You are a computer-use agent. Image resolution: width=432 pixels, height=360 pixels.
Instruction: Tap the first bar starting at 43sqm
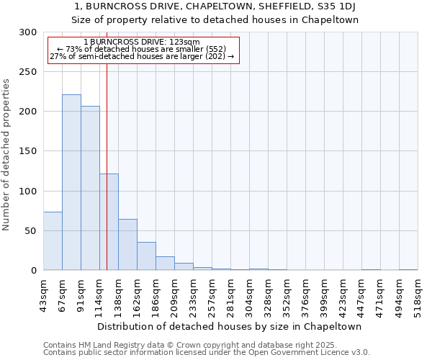(x=53, y=241)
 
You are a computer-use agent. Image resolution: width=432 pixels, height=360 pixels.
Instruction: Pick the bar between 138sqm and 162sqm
(x=127, y=245)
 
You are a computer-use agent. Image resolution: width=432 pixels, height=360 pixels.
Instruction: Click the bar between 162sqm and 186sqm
(x=146, y=256)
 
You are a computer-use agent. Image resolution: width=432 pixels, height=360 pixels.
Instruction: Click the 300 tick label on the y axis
(x=28, y=32)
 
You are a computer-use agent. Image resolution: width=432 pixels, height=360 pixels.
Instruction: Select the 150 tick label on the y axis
(x=28, y=151)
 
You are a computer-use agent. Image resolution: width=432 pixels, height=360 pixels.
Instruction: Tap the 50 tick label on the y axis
(x=30, y=231)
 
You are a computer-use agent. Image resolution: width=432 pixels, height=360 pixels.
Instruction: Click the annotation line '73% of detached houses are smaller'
(x=143, y=49)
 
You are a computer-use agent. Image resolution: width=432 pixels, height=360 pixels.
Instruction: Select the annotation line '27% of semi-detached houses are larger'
(x=143, y=56)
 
